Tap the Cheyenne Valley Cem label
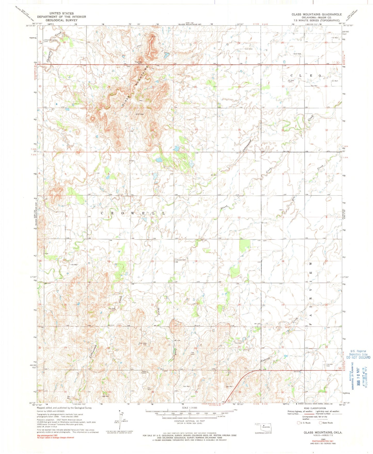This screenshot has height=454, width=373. click(51, 40)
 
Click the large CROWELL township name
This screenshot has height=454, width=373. click(133, 213)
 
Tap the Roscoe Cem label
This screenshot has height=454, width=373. click(181, 260)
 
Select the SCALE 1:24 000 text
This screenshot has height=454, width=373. click(189, 408)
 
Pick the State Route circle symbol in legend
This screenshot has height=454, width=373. click(321, 423)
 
